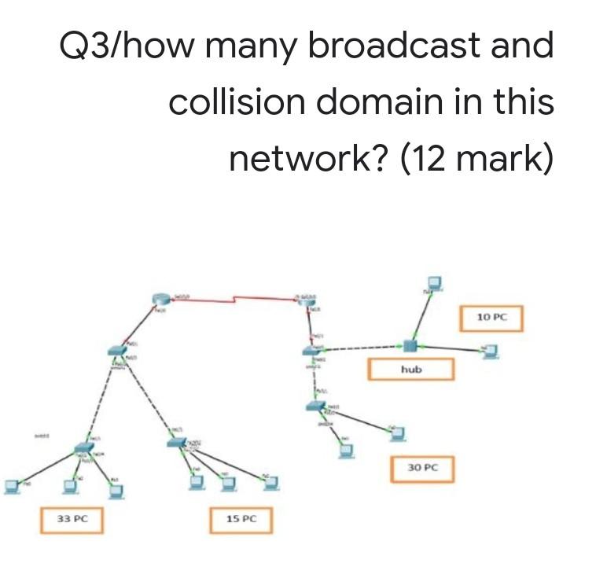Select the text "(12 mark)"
click(476, 159)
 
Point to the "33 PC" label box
click(72, 520)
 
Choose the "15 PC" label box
click(241, 520)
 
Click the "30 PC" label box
click(422, 467)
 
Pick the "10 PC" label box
click(492, 318)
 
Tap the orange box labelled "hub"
click(411, 369)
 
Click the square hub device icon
click(409, 346)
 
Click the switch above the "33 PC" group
click(83, 449)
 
